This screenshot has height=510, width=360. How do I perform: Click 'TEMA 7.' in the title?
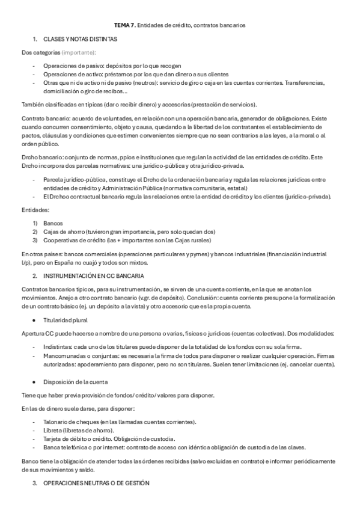coord(124,25)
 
